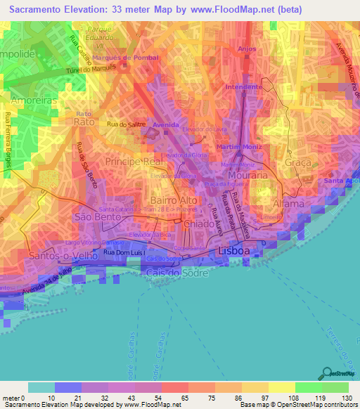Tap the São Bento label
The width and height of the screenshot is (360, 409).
94,217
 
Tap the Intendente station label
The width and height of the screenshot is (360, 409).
243,86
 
